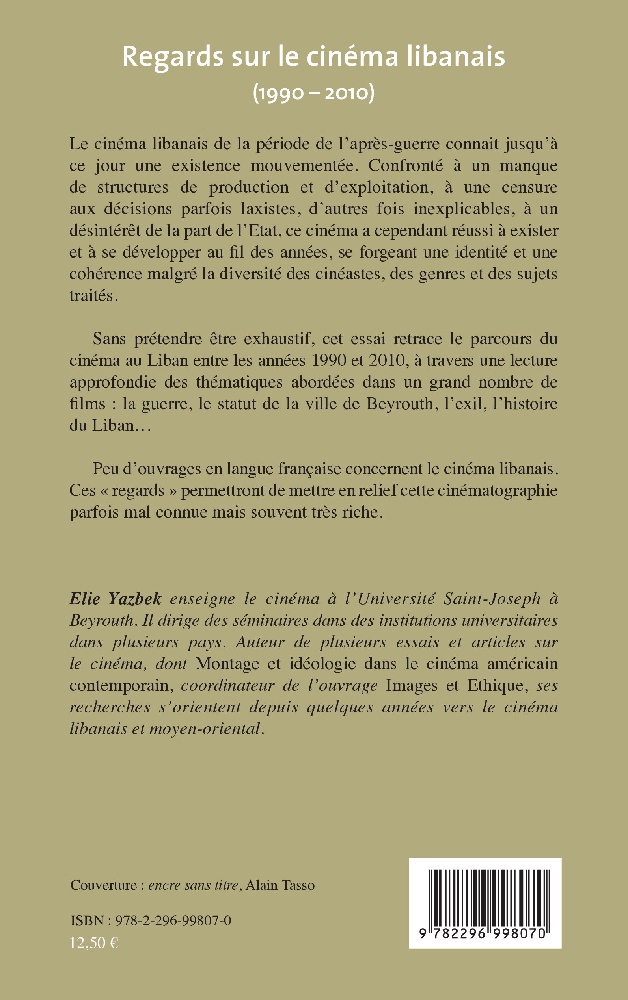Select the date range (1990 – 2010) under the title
(x=313, y=93)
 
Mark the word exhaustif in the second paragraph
(x=277, y=339)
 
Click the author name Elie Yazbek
(x=116, y=599)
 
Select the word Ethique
(x=497, y=685)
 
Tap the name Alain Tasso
(x=280, y=885)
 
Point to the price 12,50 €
(x=94, y=943)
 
